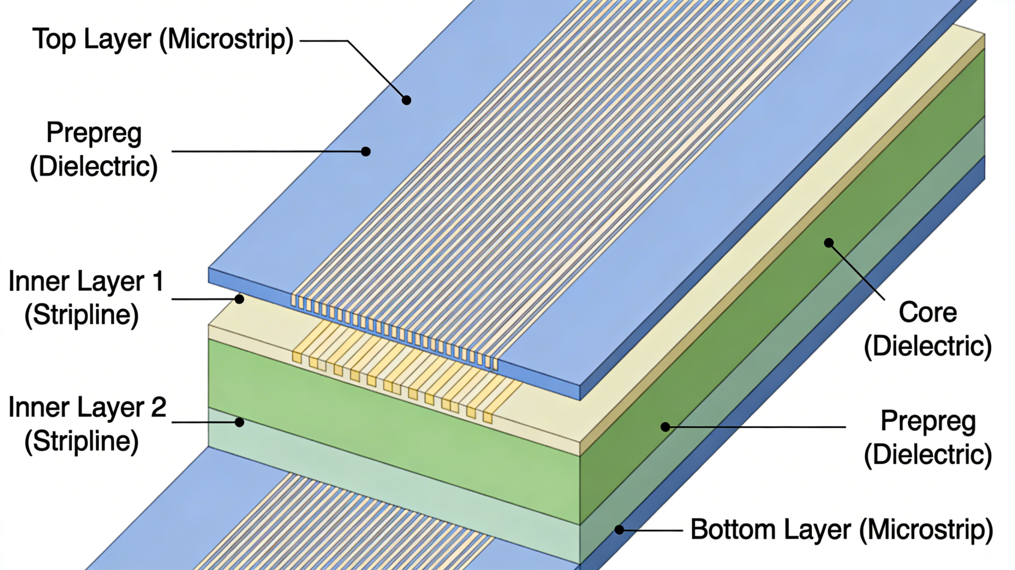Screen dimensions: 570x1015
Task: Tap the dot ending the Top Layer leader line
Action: pos(406,100)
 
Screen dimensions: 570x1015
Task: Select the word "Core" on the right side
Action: pos(928,313)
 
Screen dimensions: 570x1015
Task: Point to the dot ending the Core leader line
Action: pos(829,243)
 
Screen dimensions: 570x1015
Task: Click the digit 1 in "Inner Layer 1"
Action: pos(158,282)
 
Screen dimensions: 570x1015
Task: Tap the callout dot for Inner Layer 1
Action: pos(239,299)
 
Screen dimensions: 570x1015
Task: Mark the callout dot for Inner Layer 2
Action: pos(239,422)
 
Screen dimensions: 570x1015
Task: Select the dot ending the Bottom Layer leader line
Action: pos(619,530)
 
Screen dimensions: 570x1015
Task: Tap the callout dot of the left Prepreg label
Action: pos(366,151)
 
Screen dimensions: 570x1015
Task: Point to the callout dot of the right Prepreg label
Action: pos(665,427)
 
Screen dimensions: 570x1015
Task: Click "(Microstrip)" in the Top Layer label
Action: pos(226,40)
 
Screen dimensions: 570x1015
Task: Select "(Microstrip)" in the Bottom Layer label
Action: pos(926,530)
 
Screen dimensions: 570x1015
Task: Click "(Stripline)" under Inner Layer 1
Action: pos(82,316)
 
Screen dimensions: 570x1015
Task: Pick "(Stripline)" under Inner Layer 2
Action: pos(82,441)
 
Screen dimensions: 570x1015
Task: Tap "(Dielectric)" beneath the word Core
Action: pos(928,347)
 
